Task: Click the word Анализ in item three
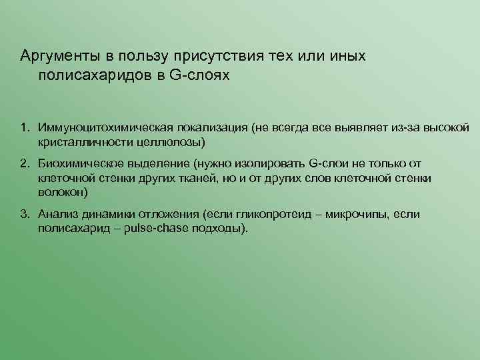tap(57, 214)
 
